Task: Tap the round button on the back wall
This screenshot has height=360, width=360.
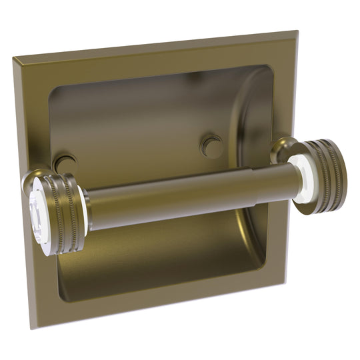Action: click(212, 145)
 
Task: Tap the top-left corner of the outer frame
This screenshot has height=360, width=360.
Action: click(14, 59)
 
